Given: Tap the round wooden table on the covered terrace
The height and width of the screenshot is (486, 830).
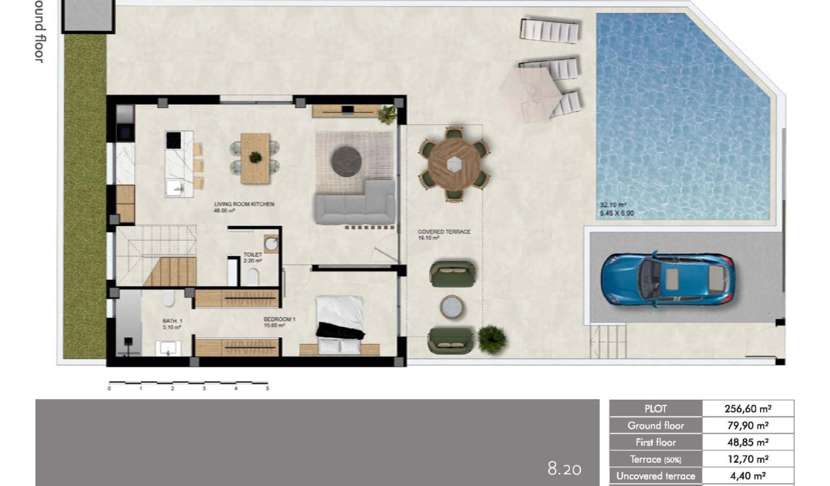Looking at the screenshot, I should (x=454, y=164).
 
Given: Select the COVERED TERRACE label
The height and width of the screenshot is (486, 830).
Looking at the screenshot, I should (x=444, y=232).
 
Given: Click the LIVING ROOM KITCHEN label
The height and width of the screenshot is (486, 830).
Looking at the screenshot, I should (x=244, y=204).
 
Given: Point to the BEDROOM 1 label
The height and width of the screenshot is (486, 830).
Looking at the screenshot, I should (x=279, y=319).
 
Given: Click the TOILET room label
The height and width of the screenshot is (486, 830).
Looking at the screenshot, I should (x=252, y=255).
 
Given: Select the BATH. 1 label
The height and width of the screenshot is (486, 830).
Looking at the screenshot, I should (x=172, y=321).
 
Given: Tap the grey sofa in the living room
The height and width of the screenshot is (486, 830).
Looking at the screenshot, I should (x=355, y=205).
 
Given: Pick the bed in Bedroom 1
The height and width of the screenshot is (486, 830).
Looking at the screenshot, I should (x=340, y=325).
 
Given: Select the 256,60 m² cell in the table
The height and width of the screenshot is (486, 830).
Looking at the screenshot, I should (x=748, y=408).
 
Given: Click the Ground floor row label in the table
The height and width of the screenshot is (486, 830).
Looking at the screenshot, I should (x=656, y=425).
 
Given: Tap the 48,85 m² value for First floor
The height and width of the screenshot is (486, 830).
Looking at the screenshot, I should (x=748, y=442).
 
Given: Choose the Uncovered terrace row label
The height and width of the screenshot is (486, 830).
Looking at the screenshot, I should (x=656, y=476).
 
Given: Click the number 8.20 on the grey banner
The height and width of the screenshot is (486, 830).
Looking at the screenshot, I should (x=564, y=468).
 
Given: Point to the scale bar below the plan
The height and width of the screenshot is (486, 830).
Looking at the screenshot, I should (x=188, y=385).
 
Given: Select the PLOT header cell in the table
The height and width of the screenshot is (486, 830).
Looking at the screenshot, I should (x=656, y=408).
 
